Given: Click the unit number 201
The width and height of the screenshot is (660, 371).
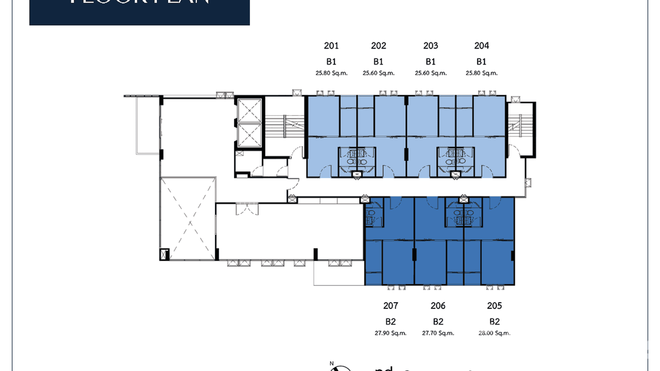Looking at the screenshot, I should click(331, 46).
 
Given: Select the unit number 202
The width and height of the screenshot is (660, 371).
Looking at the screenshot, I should click(378, 46).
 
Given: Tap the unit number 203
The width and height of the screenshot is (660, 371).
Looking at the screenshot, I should click(430, 46).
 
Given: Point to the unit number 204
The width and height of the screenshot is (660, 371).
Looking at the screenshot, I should click(481, 46).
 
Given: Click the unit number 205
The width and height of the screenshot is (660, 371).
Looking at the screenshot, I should click(494, 306).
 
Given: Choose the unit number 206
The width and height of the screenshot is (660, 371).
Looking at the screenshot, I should click(438, 306).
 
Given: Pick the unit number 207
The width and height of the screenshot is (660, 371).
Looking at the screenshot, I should click(390, 306).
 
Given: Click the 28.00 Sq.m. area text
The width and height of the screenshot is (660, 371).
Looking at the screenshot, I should click(494, 333).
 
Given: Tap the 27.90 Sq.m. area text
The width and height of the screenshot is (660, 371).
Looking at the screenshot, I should click(390, 333).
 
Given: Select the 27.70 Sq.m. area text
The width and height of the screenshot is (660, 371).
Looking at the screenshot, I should click(438, 333).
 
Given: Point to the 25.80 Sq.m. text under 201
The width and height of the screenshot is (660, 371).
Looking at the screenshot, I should click(331, 73).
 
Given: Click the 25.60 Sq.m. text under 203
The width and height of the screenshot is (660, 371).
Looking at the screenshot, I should click(430, 73).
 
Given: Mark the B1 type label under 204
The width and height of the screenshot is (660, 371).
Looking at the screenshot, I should click(481, 62).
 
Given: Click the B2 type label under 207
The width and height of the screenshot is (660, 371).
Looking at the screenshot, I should click(390, 322).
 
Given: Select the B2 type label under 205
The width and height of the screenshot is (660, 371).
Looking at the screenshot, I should click(494, 322).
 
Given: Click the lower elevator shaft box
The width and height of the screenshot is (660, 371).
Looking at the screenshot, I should click(250, 135).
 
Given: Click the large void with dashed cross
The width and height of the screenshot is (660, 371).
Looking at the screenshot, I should click(188, 219).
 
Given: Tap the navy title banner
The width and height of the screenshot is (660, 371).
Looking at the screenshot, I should click(140, 12).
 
